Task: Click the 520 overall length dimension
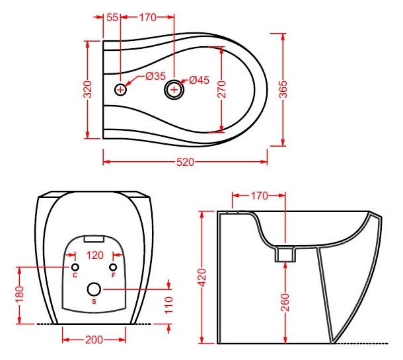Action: [185, 162]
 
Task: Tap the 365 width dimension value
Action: [283, 89]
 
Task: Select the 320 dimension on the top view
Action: [88, 89]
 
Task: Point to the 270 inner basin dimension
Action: [221, 89]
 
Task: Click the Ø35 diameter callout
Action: [155, 76]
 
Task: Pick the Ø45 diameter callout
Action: [199, 80]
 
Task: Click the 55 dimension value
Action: [112, 17]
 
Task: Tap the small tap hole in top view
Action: [120, 90]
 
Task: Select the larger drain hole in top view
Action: [174, 89]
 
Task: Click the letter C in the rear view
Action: [75, 275]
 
